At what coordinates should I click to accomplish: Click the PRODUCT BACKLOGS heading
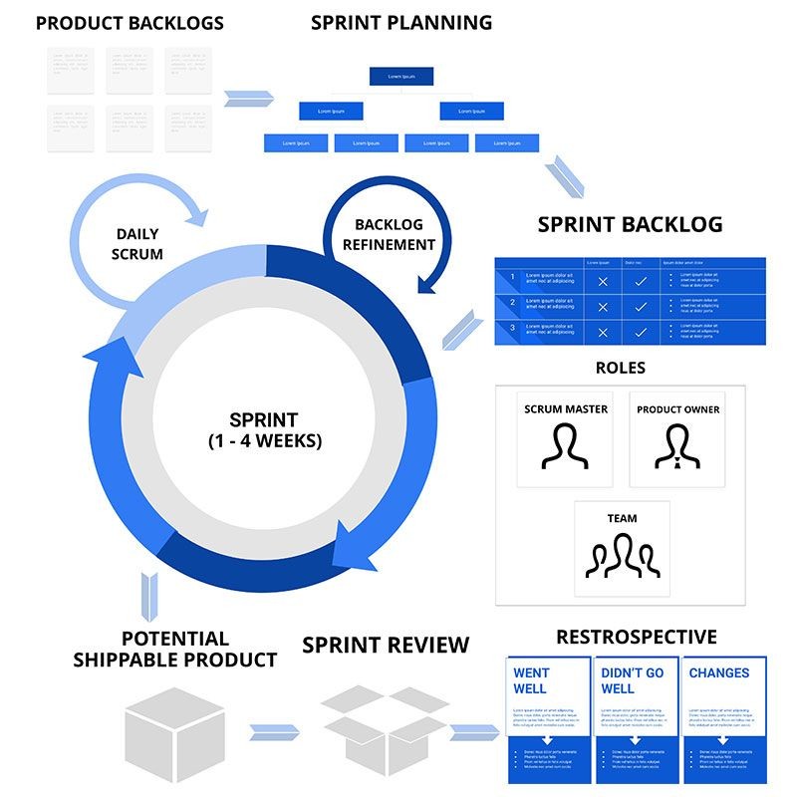[130, 23]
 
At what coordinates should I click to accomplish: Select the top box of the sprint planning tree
[401, 77]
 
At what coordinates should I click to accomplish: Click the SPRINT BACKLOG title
[630, 224]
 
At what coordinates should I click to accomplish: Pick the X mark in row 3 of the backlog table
[602, 333]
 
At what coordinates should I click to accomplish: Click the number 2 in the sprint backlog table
[512, 302]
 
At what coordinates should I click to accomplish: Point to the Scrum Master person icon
[565, 447]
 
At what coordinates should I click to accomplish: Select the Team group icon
[621, 558]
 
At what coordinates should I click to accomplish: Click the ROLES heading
[620, 368]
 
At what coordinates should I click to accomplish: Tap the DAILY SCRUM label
[137, 244]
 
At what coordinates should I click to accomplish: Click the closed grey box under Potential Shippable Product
[174, 732]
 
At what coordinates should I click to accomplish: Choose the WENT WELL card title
[530, 680]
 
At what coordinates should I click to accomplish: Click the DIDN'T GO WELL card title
[632, 680]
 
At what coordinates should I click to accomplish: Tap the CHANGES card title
[718, 673]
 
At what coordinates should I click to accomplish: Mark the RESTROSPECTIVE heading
[636, 637]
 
